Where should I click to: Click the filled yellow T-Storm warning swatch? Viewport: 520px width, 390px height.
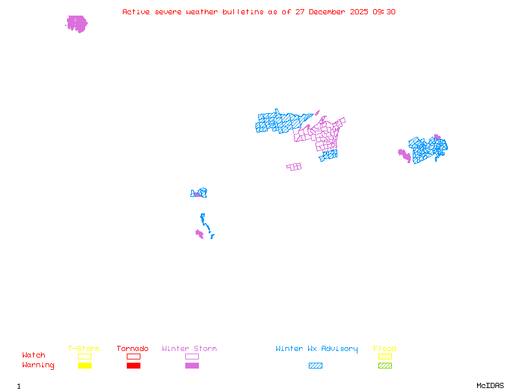pyautogui.click(x=84, y=365)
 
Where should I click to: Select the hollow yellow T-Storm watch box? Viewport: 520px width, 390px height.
pyautogui.click(x=84, y=356)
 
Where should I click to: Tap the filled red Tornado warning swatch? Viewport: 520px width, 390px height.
pyautogui.click(x=133, y=365)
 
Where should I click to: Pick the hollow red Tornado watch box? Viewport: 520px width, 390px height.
pyautogui.click(x=133, y=356)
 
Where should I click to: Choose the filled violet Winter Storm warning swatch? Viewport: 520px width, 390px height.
pyautogui.click(x=192, y=365)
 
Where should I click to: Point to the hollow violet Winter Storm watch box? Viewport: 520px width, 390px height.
pyautogui.click(x=192, y=356)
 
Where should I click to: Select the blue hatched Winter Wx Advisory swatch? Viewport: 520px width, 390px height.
pyautogui.click(x=315, y=365)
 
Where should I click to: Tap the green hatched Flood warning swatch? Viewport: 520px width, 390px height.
pyautogui.click(x=385, y=365)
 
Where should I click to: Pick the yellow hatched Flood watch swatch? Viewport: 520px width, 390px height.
pyautogui.click(x=385, y=356)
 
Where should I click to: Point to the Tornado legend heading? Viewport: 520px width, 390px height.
pyautogui.click(x=133, y=349)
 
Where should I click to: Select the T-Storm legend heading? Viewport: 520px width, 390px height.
pyautogui.click(x=84, y=349)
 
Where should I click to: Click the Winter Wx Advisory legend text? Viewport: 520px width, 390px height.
pyautogui.click(x=317, y=349)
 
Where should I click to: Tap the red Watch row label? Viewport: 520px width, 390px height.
pyautogui.click(x=34, y=356)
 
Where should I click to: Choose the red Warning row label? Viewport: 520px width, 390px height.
pyautogui.click(x=38, y=365)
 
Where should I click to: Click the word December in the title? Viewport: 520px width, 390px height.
pyautogui.click(x=328, y=12)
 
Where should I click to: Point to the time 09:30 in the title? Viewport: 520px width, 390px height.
pyautogui.click(x=383, y=12)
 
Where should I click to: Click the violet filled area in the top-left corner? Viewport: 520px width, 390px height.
pyautogui.click(x=77, y=24)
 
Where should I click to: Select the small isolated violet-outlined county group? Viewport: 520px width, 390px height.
pyautogui.click(x=294, y=167)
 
